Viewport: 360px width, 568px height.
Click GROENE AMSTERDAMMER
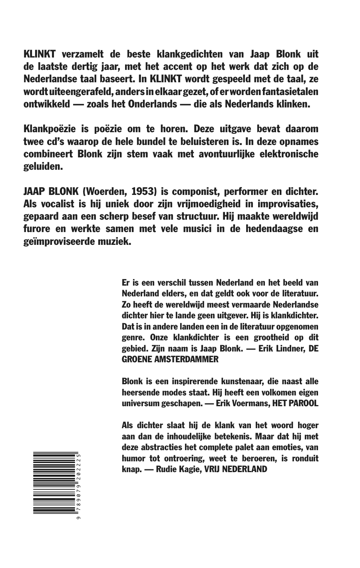point(170,359)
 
